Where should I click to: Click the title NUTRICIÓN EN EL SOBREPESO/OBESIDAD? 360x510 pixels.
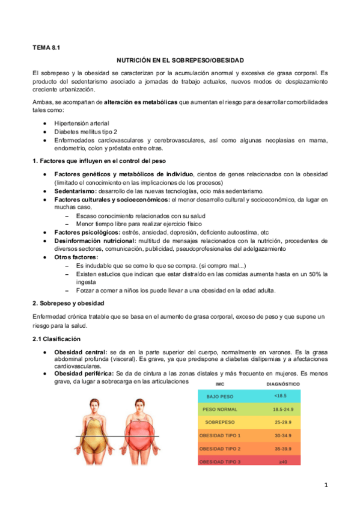[x=180, y=60]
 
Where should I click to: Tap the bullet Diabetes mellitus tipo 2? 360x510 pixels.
[x=85, y=131]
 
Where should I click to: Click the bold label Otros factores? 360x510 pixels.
[x=76, y=257]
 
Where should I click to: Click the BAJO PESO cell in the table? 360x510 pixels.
[x=220, y=397]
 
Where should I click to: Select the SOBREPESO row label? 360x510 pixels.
[x=219, y=422]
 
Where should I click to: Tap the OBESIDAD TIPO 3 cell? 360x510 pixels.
[x=220, y=461]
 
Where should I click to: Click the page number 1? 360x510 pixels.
[x=325, y=485]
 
